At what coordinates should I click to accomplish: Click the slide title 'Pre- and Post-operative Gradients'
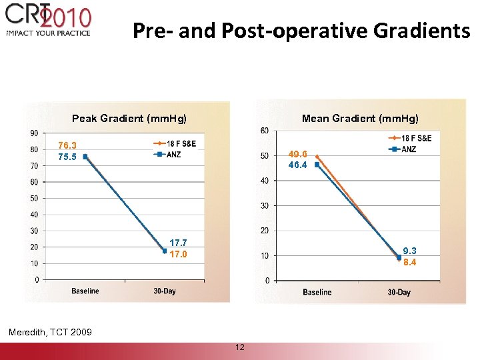pos(301,31)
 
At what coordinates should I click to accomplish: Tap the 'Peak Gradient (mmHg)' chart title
pos(129,119)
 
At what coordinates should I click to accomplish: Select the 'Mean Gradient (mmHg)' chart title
pos(360,119)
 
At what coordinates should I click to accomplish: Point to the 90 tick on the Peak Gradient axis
pos(33,133)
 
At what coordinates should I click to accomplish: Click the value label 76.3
pos(67,145)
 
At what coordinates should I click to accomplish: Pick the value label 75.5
pos(67,157)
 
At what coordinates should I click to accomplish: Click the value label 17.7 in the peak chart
pos(178,243)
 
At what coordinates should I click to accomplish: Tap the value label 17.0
pos(178,254)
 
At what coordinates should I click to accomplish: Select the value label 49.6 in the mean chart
pos(297,153)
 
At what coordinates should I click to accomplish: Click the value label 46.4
pos(297,165)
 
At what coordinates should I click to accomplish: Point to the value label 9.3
pos(409,251)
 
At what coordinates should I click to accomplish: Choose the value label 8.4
pos(409,262)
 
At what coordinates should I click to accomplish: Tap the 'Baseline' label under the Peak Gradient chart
pos(85,291)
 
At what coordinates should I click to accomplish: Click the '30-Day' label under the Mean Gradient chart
pos(399,292)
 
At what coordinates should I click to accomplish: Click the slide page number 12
pos(239,347)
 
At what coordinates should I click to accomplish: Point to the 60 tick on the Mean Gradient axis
pos(265,130)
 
